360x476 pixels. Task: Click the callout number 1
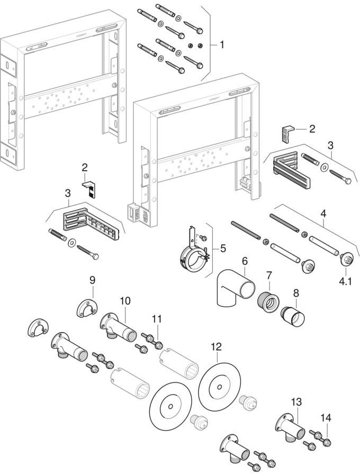pos(222,45)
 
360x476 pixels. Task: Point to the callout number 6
pos(245,261)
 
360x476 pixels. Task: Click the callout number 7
pos(268,275)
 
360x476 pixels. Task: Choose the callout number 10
pos(125,301)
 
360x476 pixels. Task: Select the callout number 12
pos(216,347)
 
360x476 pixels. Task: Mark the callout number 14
pos(327,418)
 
